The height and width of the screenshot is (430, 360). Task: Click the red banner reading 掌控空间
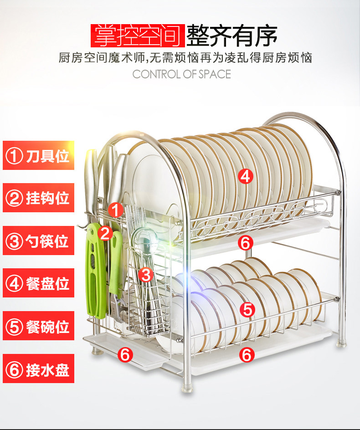[x=137, y=35]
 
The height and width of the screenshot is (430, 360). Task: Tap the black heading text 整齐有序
[x=232, y=35]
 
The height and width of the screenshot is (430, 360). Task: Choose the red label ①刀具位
[x=38, y=156]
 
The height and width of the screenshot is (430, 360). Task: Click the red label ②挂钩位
[x=38, y=198]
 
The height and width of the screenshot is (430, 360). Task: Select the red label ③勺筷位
[x=38, y=241]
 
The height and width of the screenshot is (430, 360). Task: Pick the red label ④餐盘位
[x=38, y=283]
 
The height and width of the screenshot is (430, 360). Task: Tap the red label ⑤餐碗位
[x=38, y=326]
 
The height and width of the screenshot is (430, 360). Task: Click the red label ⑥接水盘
[x=38, y=369]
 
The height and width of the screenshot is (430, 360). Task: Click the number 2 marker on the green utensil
[x=105, y=233]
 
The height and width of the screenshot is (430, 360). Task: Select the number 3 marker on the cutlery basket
[x=146, y=274]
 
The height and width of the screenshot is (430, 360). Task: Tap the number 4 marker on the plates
[x=246, y=176]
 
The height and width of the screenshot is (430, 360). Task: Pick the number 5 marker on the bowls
[x=247, y=310]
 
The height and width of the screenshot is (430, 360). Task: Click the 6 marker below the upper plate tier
[x=245, y=243]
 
